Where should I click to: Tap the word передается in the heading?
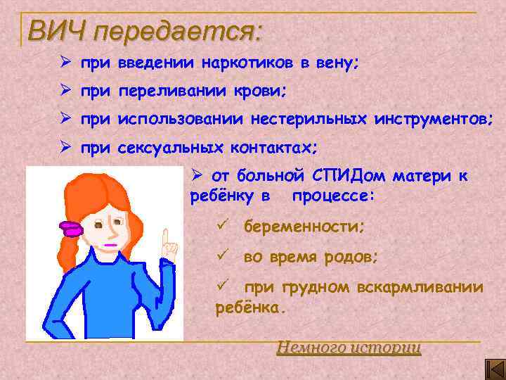176,32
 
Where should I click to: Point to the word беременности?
304,228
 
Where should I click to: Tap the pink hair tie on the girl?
70,228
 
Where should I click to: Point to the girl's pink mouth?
110,245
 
